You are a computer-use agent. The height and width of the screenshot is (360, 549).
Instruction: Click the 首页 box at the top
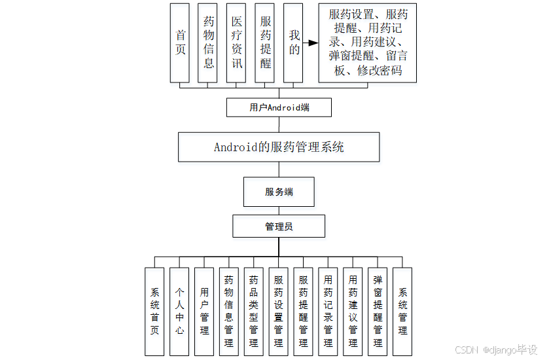tap(180, 43)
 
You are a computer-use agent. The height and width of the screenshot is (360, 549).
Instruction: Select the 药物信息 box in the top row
tap(208, 43)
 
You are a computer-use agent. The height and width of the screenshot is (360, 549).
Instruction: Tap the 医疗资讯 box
tap(236, 43)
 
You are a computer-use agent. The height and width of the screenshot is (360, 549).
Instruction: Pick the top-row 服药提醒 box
tap(264, 43)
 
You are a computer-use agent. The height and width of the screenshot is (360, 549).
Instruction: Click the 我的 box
tap(294, 43)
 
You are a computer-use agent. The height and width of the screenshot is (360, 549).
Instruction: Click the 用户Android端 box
tap(279, 107)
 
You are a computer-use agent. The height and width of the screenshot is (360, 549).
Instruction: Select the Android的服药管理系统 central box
tap(279, 147)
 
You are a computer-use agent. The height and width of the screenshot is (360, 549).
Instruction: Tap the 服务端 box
tap(279, 192)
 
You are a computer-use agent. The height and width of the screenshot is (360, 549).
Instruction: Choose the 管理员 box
tap(279, 226)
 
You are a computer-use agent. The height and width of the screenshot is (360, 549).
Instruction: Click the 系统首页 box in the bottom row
tap(154, 311)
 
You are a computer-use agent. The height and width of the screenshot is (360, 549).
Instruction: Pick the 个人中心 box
tap(179, 311)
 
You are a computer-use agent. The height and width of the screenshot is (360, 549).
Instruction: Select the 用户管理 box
tap(204, 311)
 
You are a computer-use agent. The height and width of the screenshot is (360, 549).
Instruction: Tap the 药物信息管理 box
tap(229, 311)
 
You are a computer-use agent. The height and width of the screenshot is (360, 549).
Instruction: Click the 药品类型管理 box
tap(253, 311)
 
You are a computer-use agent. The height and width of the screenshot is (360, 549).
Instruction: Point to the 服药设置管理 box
tap(278, 311)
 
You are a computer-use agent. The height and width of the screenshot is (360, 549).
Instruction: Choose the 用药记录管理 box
tap(328, 311)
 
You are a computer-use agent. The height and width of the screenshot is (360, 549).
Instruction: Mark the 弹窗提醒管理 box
tap(378, 311)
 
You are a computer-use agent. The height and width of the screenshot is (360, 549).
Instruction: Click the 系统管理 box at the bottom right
tap(402, 311)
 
